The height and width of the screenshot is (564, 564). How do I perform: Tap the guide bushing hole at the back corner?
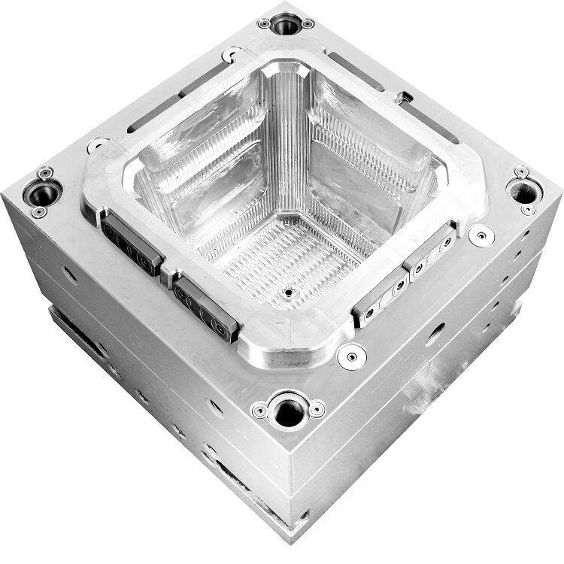point(285,26)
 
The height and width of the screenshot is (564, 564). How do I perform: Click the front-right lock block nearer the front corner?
point(382,293)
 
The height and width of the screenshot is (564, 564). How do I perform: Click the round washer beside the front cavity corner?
point(350,355)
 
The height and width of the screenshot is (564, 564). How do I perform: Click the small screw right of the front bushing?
point(317,410)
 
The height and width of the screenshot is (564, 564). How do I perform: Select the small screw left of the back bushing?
point(264,23)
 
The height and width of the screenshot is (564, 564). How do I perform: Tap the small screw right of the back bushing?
point(308,24)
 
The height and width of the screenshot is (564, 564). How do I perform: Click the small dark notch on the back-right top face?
point(404,97)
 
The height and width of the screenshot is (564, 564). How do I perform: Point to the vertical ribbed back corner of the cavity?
point(289,135)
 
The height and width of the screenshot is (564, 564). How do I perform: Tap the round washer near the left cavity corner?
point(96,145)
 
